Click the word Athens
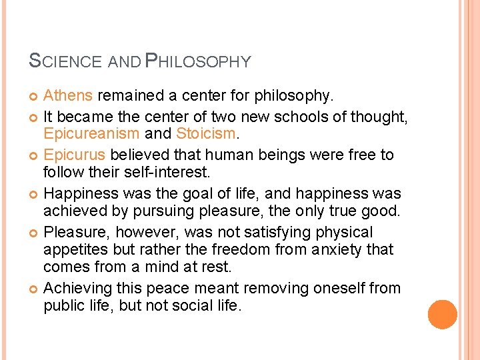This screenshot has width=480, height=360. coord(68,97)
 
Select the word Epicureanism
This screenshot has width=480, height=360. coord(92,133)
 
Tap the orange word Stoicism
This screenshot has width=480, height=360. coord(205,133)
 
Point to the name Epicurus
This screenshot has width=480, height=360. coord(75,155)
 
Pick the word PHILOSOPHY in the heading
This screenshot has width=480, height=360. coord(198,62)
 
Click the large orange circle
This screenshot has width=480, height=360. coord(442,315)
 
